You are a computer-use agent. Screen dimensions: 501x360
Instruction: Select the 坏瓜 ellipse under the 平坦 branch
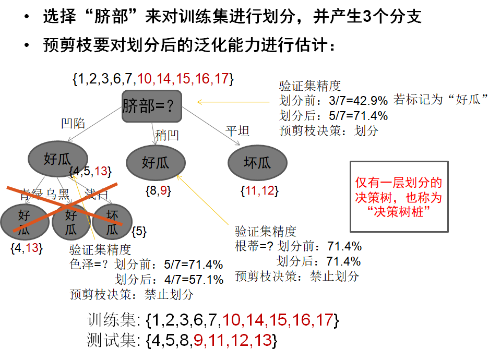[257, 163]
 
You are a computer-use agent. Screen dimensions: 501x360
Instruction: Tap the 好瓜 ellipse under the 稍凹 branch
[156, 163]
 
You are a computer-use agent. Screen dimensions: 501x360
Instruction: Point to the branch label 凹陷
[73, 124]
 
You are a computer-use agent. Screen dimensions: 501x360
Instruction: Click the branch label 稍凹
[167, 136]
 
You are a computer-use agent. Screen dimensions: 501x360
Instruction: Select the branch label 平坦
[237, 130]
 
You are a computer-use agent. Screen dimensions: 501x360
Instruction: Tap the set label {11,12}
[259, 191]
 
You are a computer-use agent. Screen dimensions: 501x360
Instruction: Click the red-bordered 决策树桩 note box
[399, 196]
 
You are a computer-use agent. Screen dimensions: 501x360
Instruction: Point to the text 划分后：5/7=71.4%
[333, 115]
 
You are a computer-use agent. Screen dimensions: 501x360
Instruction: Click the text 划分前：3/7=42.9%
[333, 100]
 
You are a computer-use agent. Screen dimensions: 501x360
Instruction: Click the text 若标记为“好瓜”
[441, 100]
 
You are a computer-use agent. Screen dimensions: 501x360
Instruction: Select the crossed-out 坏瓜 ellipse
[113, 221]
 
